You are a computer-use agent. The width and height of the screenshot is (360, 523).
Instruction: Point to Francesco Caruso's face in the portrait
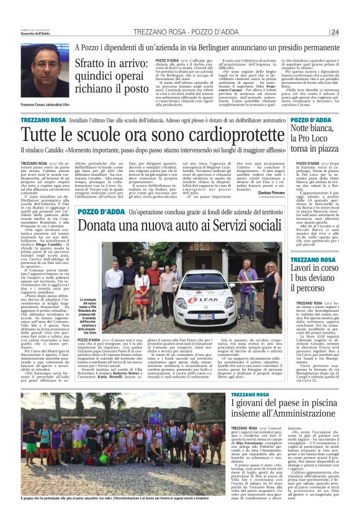click(47, 70)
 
